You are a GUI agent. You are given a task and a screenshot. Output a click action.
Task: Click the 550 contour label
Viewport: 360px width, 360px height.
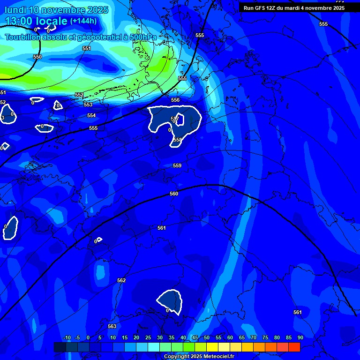[x=37, y=57]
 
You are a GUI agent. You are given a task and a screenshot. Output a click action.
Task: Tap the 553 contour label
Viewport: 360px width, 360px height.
[x=88, y=105]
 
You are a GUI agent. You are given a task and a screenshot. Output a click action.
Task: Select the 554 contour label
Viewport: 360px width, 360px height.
[x=91, y=115]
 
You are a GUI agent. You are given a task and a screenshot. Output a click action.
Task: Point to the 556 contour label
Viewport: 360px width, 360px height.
[x=175, y=100]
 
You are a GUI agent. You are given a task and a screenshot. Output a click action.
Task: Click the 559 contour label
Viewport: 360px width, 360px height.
[x=177, y=165]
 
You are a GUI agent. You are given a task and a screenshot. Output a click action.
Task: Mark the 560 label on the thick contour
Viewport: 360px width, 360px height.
[x=174, y=194]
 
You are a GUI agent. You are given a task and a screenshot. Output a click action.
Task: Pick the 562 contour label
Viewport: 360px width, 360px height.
[x=121, y=280]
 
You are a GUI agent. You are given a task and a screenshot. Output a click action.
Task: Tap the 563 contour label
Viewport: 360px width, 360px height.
[x=112, y=326]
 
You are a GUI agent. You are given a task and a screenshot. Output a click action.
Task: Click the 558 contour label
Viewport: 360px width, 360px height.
[x=177, y=140]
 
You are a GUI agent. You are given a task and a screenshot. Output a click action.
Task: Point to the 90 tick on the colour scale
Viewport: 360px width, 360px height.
[x=300, y=337]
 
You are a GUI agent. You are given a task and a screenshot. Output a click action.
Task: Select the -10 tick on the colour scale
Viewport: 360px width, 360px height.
[x=67, y=337]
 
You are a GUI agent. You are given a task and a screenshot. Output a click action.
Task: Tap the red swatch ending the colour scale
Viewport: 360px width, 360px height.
[x=294, y=347]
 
